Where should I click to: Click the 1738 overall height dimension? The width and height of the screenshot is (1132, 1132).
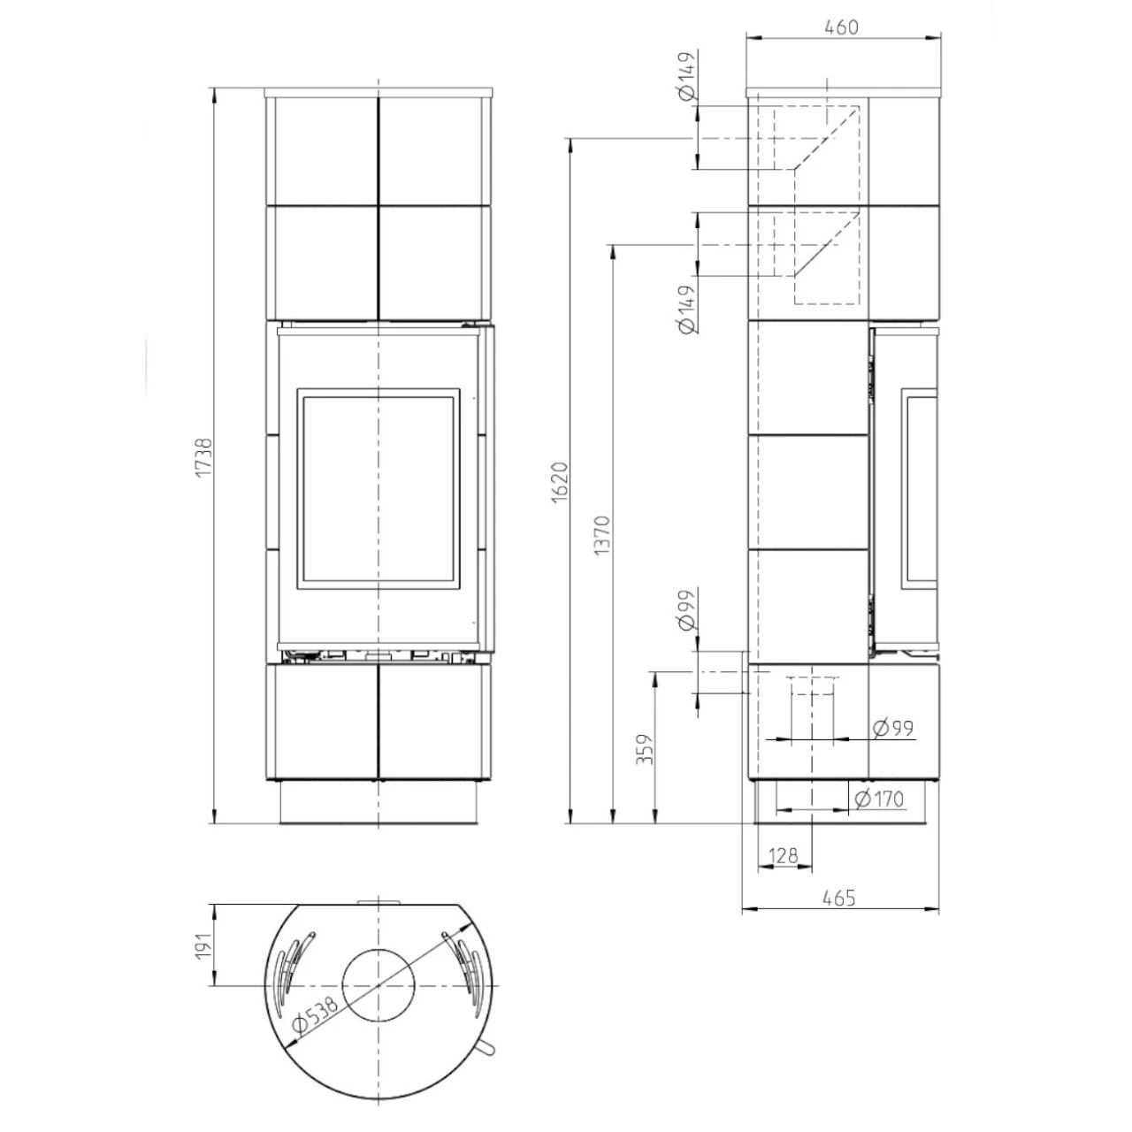pyautogui.click(x=203, y=458)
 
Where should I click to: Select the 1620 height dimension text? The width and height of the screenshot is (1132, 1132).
pyautogui.click(x=558, y=483)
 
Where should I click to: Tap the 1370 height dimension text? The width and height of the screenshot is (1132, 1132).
pyautogui.click(x=602, y=535)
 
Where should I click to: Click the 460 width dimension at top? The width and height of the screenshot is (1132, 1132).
pyautogui.click(x=841, y=27)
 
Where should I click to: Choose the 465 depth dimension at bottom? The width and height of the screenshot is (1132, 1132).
pyautogui.click(x=838, y=898)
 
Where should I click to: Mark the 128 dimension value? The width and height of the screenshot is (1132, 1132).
pyautogui.click(x=784, y=855)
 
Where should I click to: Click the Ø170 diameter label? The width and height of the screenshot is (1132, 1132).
pyautogui.click(x=880, y=799)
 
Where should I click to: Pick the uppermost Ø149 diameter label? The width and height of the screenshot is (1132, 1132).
pyautogui.click(x=686, y=78)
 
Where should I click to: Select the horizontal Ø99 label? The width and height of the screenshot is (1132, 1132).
pyautogui.click(x=891, y=729)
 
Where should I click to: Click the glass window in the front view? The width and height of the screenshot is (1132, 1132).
pyautogui.click(x=378, y=489)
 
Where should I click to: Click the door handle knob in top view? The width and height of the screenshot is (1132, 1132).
pyautogui.click(x=486, y=1048)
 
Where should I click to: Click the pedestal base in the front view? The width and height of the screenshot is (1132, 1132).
pyautogui.click(x=379, y=804)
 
